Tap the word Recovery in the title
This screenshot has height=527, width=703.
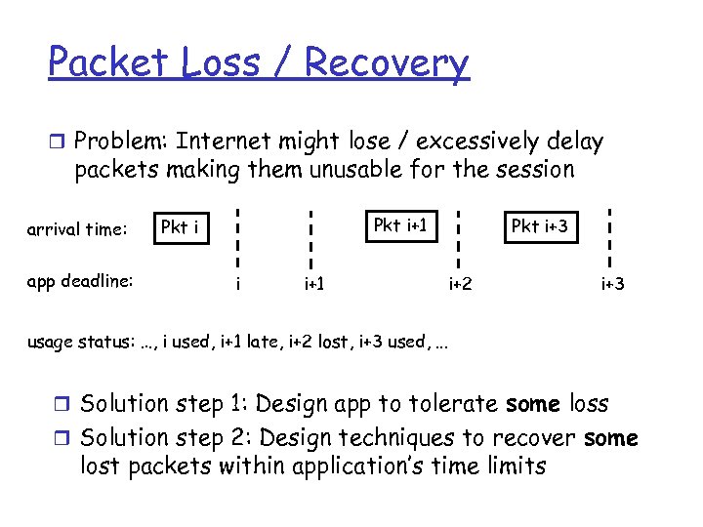pyautogui.click(x=387, y=62)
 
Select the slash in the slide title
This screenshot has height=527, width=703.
pyautogui.click(x=283, y=62)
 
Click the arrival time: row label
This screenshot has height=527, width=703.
pyautogui.click(x=77, y=230)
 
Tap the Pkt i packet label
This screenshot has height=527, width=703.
pyautogui.click(x=181, y=227)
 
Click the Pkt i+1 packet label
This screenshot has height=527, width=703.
pyautogui.click(x=401, y=225)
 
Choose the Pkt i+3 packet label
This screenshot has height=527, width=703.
pyautogui.click(x=539, y=226)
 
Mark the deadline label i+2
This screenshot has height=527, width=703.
pyautogui.click(x=460, y=285)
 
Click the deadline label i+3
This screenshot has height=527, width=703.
pyautogui.click(x=612, y=285)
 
